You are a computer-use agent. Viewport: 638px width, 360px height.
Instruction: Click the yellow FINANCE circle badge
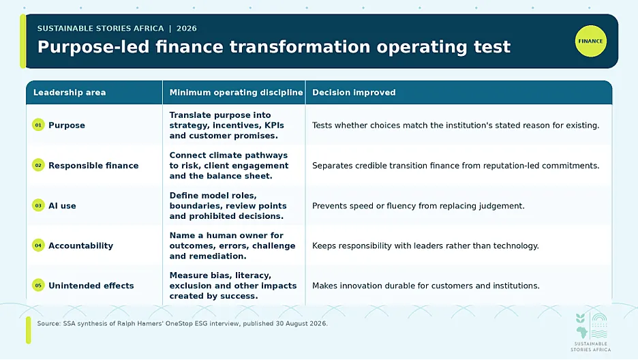590,41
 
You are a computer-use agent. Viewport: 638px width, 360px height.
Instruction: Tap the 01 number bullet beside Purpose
38,125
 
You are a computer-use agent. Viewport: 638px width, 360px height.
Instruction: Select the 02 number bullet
38,165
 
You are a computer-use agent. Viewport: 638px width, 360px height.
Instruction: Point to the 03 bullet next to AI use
38,205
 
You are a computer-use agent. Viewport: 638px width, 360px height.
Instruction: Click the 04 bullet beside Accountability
38,245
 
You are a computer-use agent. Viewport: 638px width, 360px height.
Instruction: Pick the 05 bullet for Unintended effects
38,285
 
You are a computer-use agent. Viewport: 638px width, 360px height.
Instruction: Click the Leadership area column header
70,92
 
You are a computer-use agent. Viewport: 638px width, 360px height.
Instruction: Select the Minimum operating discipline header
236,92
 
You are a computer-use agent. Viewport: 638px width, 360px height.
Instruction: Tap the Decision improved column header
354,92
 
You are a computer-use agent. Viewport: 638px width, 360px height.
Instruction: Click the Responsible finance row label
93,166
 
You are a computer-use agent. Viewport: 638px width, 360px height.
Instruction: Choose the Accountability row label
80,245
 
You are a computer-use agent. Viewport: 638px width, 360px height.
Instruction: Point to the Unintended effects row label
91,286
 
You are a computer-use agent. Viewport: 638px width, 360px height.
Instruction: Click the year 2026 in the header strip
186,29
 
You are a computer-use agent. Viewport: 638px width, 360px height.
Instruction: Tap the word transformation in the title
300,47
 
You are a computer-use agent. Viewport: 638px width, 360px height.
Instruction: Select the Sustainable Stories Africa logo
591,332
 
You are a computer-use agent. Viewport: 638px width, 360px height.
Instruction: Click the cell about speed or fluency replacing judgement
419,206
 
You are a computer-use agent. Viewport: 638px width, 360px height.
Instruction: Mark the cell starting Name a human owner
232,245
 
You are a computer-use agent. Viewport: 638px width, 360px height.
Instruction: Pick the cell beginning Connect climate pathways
228,166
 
